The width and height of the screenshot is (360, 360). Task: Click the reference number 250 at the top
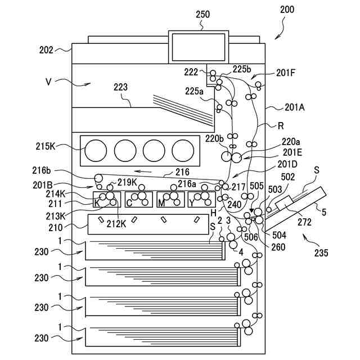[x=202, y=14]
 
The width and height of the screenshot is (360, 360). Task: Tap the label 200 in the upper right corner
[x=287, y=10]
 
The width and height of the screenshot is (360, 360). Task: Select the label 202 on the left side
[x=46, y=50]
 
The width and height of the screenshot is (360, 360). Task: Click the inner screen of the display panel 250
[x=199, y=47]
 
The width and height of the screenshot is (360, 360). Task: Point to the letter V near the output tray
[x=48, y=82]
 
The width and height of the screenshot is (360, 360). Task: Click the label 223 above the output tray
[x=120, y=87]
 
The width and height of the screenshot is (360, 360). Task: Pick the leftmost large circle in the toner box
[x=96, y=151]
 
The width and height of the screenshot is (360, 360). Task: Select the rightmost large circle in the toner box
[x=183, y=151]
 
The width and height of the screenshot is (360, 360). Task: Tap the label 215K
[x=46, y=146]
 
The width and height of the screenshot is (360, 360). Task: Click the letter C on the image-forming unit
[x=129, y=203]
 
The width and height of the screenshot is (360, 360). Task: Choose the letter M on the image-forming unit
[x=161, y=203]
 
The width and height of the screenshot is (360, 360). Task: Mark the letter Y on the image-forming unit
[x=192, y=203]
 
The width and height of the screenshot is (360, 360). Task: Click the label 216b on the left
[x=42, y=170]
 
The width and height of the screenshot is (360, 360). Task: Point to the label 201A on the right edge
[x=295, y=107]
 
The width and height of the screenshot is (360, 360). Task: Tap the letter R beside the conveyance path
[x=281, y=126]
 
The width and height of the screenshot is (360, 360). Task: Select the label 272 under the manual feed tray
[x=305, y=222]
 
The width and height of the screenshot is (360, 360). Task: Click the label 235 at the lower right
[x=321, y=253]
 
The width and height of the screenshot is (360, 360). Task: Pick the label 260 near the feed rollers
[x=278, y=247]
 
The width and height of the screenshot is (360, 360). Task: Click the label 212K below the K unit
[x=116, y=224]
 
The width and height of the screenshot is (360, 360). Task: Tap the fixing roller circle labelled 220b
[x=226, y=156]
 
